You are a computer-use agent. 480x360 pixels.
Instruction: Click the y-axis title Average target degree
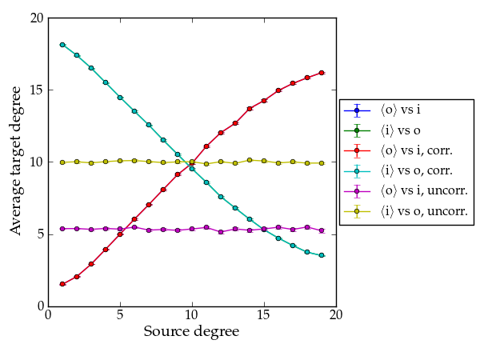point(17,162)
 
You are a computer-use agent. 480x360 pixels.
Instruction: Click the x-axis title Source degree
point(191,331)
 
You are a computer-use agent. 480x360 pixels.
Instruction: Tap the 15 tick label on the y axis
point(36,90)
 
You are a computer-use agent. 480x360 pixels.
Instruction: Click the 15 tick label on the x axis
point(264,314)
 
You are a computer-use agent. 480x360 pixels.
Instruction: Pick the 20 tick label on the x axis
point(336,314)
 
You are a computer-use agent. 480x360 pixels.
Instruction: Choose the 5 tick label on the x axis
point(120,314)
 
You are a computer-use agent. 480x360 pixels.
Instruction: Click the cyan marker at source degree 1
point(62,45)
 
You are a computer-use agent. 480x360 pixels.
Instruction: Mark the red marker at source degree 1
point(62,284)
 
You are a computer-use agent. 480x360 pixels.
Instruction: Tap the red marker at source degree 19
point(322,73)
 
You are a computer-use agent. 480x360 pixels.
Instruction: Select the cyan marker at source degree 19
point(322,255)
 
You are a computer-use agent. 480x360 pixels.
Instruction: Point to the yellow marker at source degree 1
point(62,162)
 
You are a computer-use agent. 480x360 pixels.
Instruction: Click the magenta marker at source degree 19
point(322,230)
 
